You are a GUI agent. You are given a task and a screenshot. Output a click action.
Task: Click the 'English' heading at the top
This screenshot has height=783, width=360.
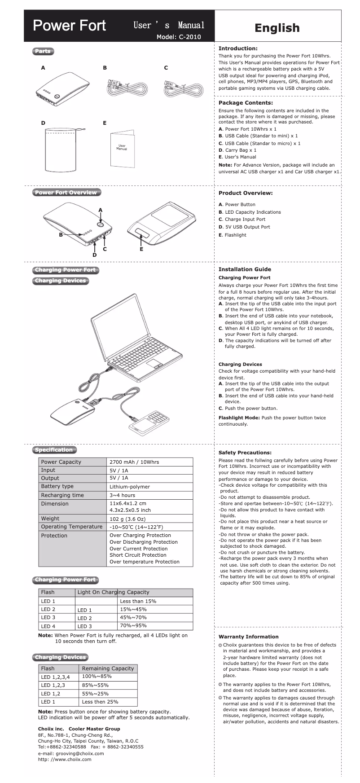tap(277, 28)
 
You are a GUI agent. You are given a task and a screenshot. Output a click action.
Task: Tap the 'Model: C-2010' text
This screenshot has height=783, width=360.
tap(178, 37)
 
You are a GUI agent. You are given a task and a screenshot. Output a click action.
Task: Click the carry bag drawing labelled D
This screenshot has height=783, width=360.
tap(62, 150)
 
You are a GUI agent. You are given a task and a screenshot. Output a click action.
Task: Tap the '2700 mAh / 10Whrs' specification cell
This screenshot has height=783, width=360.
tap(134, 462)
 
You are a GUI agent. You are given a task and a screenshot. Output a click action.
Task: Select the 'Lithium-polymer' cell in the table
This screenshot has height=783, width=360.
tap(130, 487)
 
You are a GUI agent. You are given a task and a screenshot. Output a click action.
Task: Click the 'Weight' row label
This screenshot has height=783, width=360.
tap(50, 519)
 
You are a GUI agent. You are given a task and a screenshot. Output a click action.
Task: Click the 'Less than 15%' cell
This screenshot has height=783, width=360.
tap(138, 601)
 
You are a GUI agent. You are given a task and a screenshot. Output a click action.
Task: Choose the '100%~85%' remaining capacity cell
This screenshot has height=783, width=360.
tap(97, 677)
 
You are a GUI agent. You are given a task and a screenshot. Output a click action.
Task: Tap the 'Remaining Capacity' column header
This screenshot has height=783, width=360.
tap(108, 669)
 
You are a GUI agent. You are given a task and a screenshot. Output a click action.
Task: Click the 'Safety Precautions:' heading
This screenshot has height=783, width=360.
tap(245, 453)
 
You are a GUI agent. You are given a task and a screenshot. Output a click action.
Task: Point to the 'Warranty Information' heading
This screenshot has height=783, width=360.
tap(248, 637)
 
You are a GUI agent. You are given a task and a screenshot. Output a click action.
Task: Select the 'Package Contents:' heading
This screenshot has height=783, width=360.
tap(246, 103)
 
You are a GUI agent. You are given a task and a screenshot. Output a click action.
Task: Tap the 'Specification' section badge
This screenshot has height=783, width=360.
tap(54, 450)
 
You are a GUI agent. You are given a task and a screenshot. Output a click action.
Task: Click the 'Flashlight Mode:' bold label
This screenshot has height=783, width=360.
tap(239, 418)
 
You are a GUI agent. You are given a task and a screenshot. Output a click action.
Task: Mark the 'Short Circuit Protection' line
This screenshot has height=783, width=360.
tap(138, 555)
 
